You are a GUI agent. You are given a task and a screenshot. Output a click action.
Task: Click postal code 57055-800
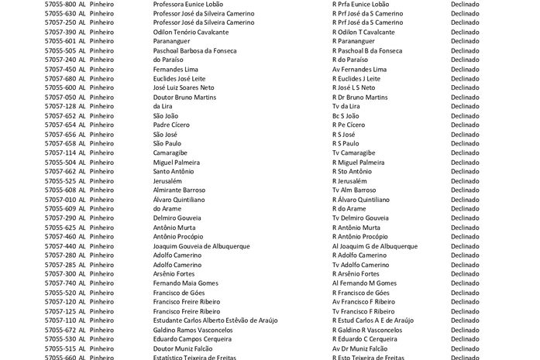[60, 4]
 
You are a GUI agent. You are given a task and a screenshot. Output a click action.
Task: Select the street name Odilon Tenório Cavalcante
[191, 32]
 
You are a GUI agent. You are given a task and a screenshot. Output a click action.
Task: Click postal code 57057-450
[60, 69]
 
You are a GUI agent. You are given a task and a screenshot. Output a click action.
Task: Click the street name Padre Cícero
[174, 125]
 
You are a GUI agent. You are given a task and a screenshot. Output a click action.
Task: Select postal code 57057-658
[60, 143]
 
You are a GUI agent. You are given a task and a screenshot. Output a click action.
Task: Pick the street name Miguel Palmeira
[177, 162]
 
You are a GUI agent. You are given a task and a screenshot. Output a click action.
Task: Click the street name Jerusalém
[167, 180]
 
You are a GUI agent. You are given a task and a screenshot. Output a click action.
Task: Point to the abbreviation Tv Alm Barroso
[354, 190]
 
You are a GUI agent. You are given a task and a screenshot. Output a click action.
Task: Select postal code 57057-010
[60, 199]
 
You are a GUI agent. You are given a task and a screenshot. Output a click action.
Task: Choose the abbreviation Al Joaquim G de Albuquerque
[375, 246]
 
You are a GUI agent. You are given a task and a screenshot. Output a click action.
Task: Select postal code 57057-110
[60, 321]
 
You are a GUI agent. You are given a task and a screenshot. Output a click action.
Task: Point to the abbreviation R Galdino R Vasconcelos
[367, 330]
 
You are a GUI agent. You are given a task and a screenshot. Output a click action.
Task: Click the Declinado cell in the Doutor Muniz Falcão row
[465, 348]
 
